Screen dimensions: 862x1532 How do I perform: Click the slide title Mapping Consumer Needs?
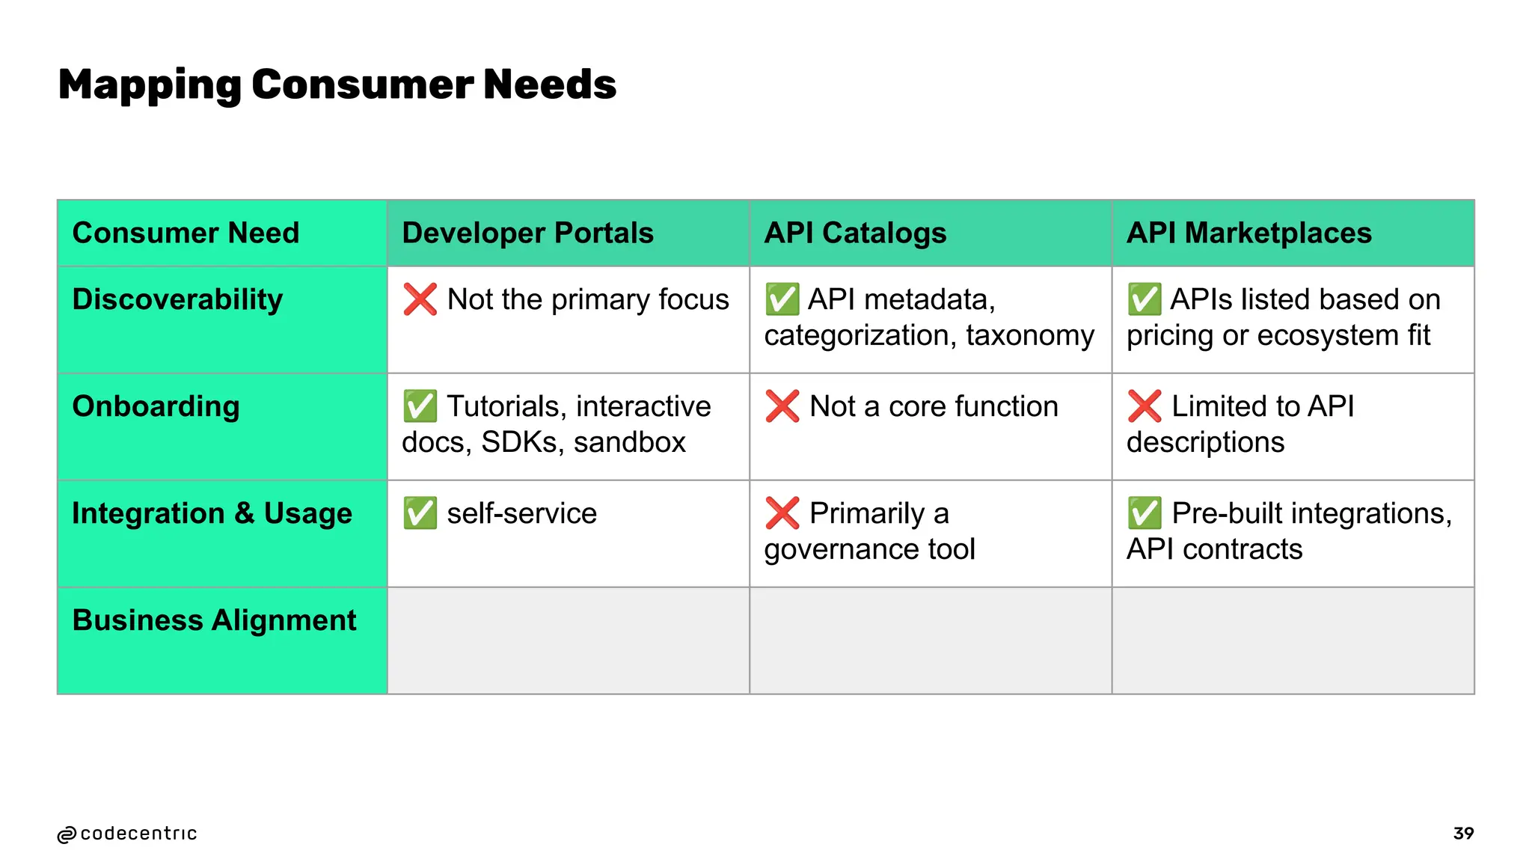click(x=337, y=85)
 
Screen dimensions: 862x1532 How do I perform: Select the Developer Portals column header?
click(x=527, y=233)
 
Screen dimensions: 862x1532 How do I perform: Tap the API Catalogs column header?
click(x=855, y=233)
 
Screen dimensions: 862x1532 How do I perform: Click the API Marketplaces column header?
click(x=1248, y=233)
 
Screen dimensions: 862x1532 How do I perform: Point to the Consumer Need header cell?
click(x=186, y=233)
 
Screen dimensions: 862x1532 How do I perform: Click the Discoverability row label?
click(x=177, y=299)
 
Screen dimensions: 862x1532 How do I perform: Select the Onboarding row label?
click(x=156, y=406)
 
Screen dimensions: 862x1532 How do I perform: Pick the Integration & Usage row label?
click(x=212, y=513)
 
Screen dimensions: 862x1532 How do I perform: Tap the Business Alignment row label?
click(x=214, y=620)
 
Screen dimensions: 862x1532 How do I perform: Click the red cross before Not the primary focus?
click(x=420, y=299)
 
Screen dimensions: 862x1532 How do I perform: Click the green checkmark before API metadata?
click(x=782, y=299)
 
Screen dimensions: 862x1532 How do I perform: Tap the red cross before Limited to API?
click(x=1145, y=406)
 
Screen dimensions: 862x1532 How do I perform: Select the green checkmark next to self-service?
click(x=420, y=513)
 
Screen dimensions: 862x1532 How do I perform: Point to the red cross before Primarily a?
click(x=782, y=513)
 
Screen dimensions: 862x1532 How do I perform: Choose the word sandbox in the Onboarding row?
click(x=629, y=442)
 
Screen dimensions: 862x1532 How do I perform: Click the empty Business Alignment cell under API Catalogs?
click(x=930, y=641)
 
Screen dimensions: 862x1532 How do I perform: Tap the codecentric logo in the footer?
click(x=127, y=834)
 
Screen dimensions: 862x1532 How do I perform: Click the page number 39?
click(x=1463, y=834)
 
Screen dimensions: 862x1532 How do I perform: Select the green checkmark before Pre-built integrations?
click(x=1145, y=513)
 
